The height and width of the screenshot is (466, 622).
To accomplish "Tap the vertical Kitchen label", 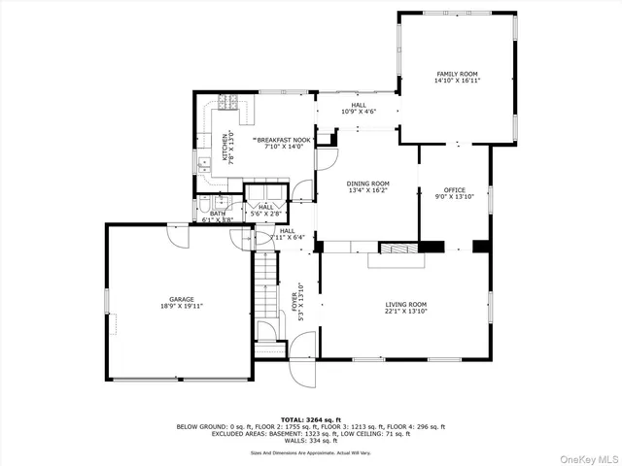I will tap(227, 148).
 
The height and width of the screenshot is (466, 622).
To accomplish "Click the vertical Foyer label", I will tap(299, 301).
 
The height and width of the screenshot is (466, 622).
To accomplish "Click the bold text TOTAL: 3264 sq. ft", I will tap(310, 417).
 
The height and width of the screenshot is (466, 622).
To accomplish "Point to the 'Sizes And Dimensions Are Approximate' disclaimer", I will tap(310, 452).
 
